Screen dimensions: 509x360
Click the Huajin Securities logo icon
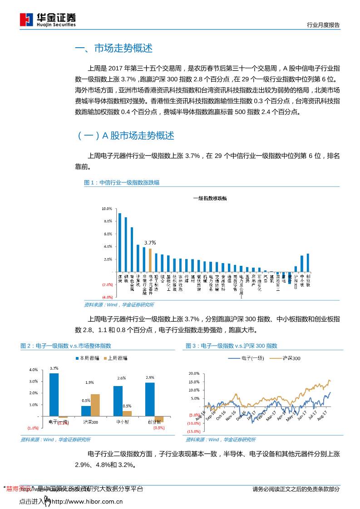tap(27, 19)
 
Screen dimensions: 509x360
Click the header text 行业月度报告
tap(323, 25)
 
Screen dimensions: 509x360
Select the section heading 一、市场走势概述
tap(113, 49)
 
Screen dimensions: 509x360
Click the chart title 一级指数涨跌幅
tap(210, 198)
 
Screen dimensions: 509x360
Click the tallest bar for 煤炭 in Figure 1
tap(120, 242)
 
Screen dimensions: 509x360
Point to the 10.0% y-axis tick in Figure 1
tap(107, 209)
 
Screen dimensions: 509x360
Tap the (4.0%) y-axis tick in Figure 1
tap(107, 297)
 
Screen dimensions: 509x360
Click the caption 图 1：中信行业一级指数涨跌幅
tap(122, 183)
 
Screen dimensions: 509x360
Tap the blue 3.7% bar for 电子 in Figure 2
tap(54, 394)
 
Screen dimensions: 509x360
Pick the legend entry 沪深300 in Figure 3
tap(291, 358)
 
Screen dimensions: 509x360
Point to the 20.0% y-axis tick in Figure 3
tap(194, 373)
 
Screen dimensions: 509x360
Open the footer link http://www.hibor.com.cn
tap(88, 502)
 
